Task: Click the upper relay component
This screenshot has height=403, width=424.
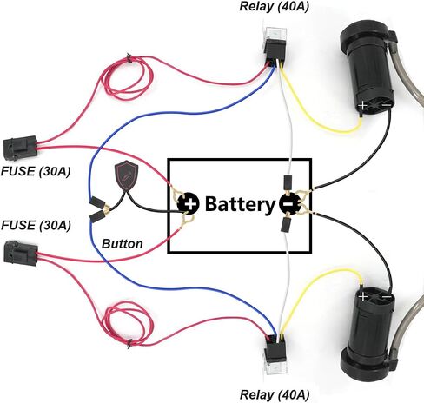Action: (x=275, y=46)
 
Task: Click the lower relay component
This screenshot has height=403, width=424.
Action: (x=275, y=355)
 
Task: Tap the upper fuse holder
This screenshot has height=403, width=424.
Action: (x=20, y=149)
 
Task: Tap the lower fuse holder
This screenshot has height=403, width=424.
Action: (x=21, y=254)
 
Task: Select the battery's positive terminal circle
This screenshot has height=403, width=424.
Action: (x=188, y=203)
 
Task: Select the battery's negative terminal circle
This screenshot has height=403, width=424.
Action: (x=290, y=203)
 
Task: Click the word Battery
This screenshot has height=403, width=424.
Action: (x=240, y=204)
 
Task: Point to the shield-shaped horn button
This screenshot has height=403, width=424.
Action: (x=126, y=175)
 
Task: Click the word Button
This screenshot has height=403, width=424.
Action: (x=123, y=244)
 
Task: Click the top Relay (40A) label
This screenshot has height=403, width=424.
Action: (x=274, y=7)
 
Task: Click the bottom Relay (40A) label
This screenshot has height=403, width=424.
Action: (x=275, y=395)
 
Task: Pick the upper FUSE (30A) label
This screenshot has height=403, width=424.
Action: (x=36, y=172)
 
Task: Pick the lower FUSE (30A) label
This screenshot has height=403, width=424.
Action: (x=36, y=225)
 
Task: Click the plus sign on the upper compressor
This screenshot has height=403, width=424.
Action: (x=362, y=105)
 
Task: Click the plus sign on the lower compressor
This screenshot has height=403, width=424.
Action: (x=362, y=296)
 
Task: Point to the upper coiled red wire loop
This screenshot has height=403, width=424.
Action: (x=128, y=78)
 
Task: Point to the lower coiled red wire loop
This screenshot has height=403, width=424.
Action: (x=128, y=323)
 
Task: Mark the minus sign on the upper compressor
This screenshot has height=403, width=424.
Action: (x=387, y=105)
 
